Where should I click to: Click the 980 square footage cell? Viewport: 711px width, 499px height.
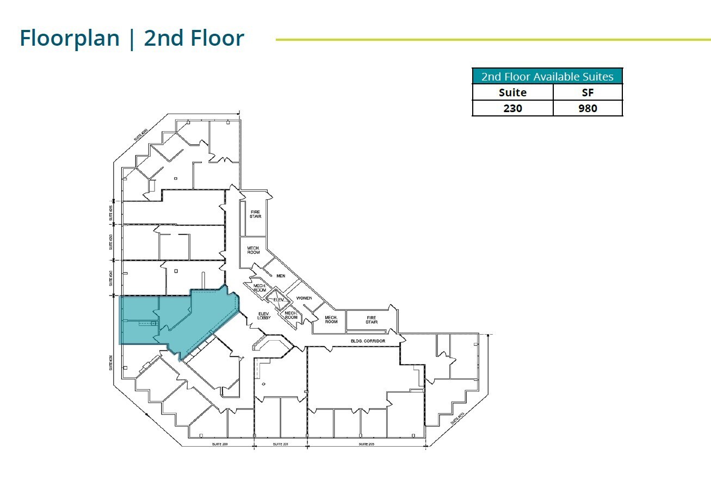(588, 108)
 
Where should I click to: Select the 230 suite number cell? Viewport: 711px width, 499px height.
(512, 108)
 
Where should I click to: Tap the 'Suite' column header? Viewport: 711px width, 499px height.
(512, 93)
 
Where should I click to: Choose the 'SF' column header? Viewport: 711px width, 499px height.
(588, 93)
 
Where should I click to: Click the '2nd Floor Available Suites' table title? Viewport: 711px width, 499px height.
(547, 77)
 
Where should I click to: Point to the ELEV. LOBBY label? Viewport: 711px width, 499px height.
(264, 316)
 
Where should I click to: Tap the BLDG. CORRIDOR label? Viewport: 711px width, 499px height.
(368, 341)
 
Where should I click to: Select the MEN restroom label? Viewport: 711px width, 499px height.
(281, 276)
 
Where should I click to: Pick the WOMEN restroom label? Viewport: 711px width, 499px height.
(304, 298)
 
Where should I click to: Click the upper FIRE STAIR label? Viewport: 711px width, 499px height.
(256, 214)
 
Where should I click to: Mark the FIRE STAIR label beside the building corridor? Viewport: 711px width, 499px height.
(372, 320)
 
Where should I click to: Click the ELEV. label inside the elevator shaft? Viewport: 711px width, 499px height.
(280, 300)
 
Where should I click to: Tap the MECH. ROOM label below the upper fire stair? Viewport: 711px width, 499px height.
(254, 250)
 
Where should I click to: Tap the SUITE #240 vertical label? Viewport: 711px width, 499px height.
(110, 278)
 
